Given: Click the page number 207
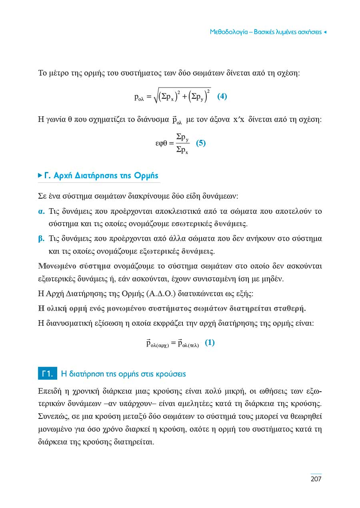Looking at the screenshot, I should (316, 479).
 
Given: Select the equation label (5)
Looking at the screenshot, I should (201, 143).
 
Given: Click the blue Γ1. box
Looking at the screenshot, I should (48, 374).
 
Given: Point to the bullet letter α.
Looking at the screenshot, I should (41, 211).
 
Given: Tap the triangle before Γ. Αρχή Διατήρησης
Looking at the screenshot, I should (40, 175).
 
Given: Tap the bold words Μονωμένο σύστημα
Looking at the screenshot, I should (74, 266).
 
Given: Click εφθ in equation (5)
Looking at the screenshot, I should (162, 143).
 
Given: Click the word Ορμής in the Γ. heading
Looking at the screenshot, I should (146, 175).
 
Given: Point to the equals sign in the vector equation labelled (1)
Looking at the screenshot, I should (173, 343).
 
